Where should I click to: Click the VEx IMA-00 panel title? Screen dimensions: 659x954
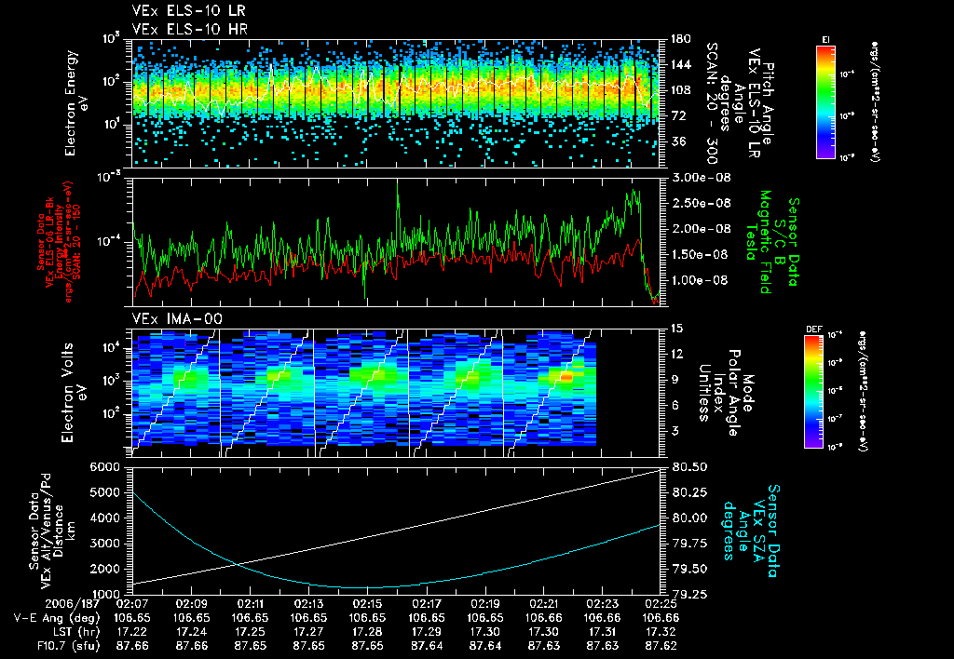(x=169, y=319)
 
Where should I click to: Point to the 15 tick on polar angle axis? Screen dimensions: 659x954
(x=676, y=328)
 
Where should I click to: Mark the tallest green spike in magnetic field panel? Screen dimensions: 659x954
(x=398, y=183)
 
